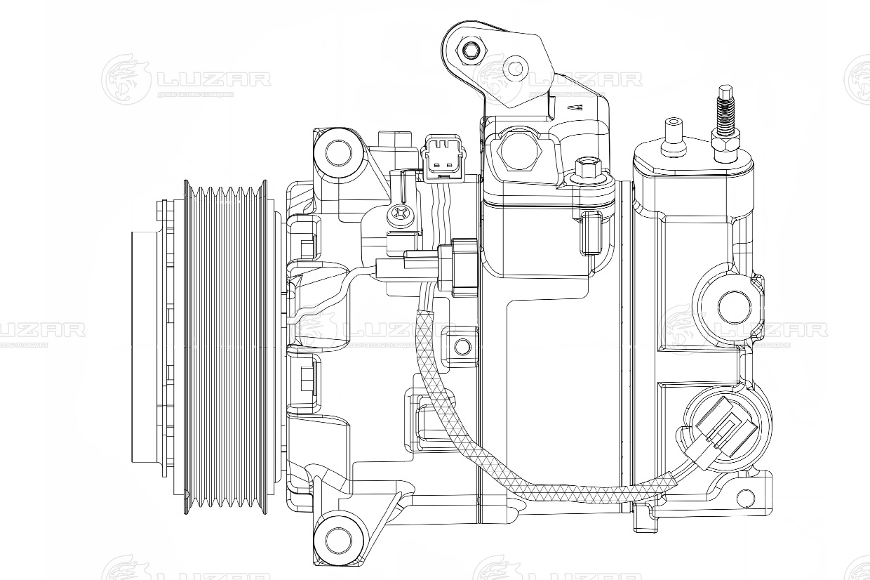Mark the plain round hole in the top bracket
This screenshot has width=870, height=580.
pos(516,68)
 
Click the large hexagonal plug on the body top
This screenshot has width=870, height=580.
pos(518,152)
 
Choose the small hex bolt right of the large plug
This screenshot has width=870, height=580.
pos(585,169)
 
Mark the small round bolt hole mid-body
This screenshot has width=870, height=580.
pos(462,346)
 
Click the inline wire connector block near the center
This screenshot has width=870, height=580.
pos(460,266)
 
